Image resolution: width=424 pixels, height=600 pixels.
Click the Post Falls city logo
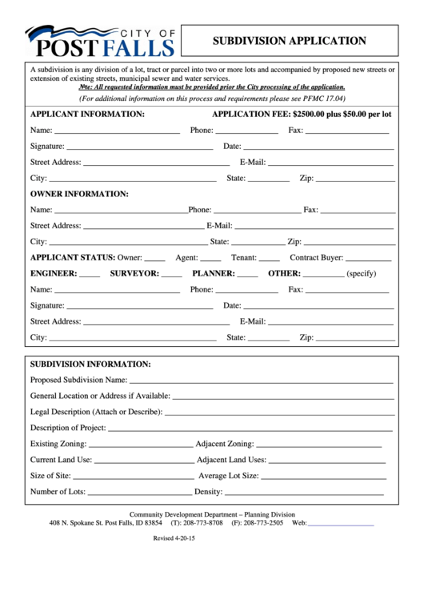pos(99,41)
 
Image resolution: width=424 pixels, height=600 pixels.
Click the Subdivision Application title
pos(289,41)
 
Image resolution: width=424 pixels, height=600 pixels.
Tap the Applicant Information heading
pos(87,115)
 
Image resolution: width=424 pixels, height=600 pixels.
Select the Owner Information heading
pos(79,194)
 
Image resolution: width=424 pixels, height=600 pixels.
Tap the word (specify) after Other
pos(361,274)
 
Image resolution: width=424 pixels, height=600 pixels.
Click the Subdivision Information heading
pos(90,364)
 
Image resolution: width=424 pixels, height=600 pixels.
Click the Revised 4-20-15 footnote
pos(174,538)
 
